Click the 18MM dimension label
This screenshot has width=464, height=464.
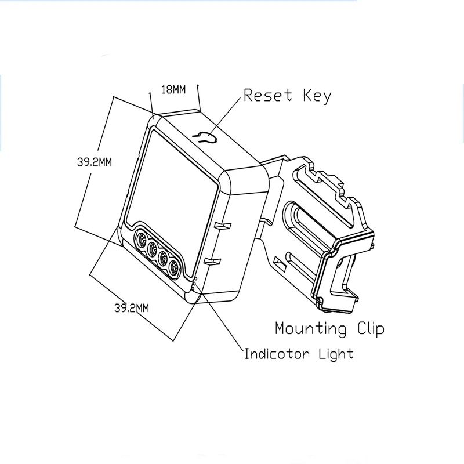click(x=173, y=89)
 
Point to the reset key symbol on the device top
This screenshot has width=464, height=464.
click(x=206, y=137)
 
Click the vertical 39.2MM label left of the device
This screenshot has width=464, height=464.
click(x=94, y=163)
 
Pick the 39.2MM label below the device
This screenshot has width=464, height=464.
click(x=132, y=308)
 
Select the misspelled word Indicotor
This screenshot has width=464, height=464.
click(x=275, y=353)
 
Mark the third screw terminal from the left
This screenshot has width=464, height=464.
click(x=164, y=259)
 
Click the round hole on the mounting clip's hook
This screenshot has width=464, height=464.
click(x=339, y=262)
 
